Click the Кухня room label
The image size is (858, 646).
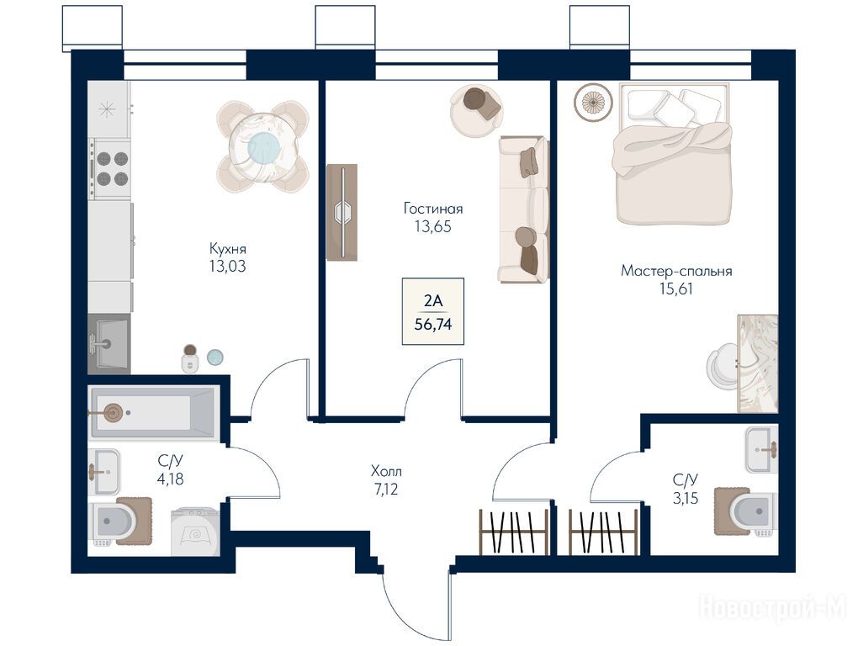pos(227,248)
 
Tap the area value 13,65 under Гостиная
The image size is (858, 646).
pos(433,226)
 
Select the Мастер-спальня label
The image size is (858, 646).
pos(676,271)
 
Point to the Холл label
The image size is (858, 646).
pos(386,471)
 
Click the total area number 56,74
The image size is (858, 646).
pos(433,325)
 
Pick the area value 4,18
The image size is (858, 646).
pos(170,479)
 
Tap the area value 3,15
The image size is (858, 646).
pos(685,498)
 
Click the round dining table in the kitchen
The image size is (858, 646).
pos(263,146)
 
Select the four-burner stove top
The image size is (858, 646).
pos(111,168)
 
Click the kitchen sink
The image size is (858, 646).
pos(109,344)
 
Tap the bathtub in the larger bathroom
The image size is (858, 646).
pos(153,412)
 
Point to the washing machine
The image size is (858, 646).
pos(195,532)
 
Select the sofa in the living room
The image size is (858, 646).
pos(524,209)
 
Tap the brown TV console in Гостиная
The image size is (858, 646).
pos(342,212)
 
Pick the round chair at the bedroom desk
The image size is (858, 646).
pos(723,367)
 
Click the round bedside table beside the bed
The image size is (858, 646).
pos(593,101)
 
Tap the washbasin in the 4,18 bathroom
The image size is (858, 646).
pos(103,472)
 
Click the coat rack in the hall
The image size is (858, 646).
pos(514,532)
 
